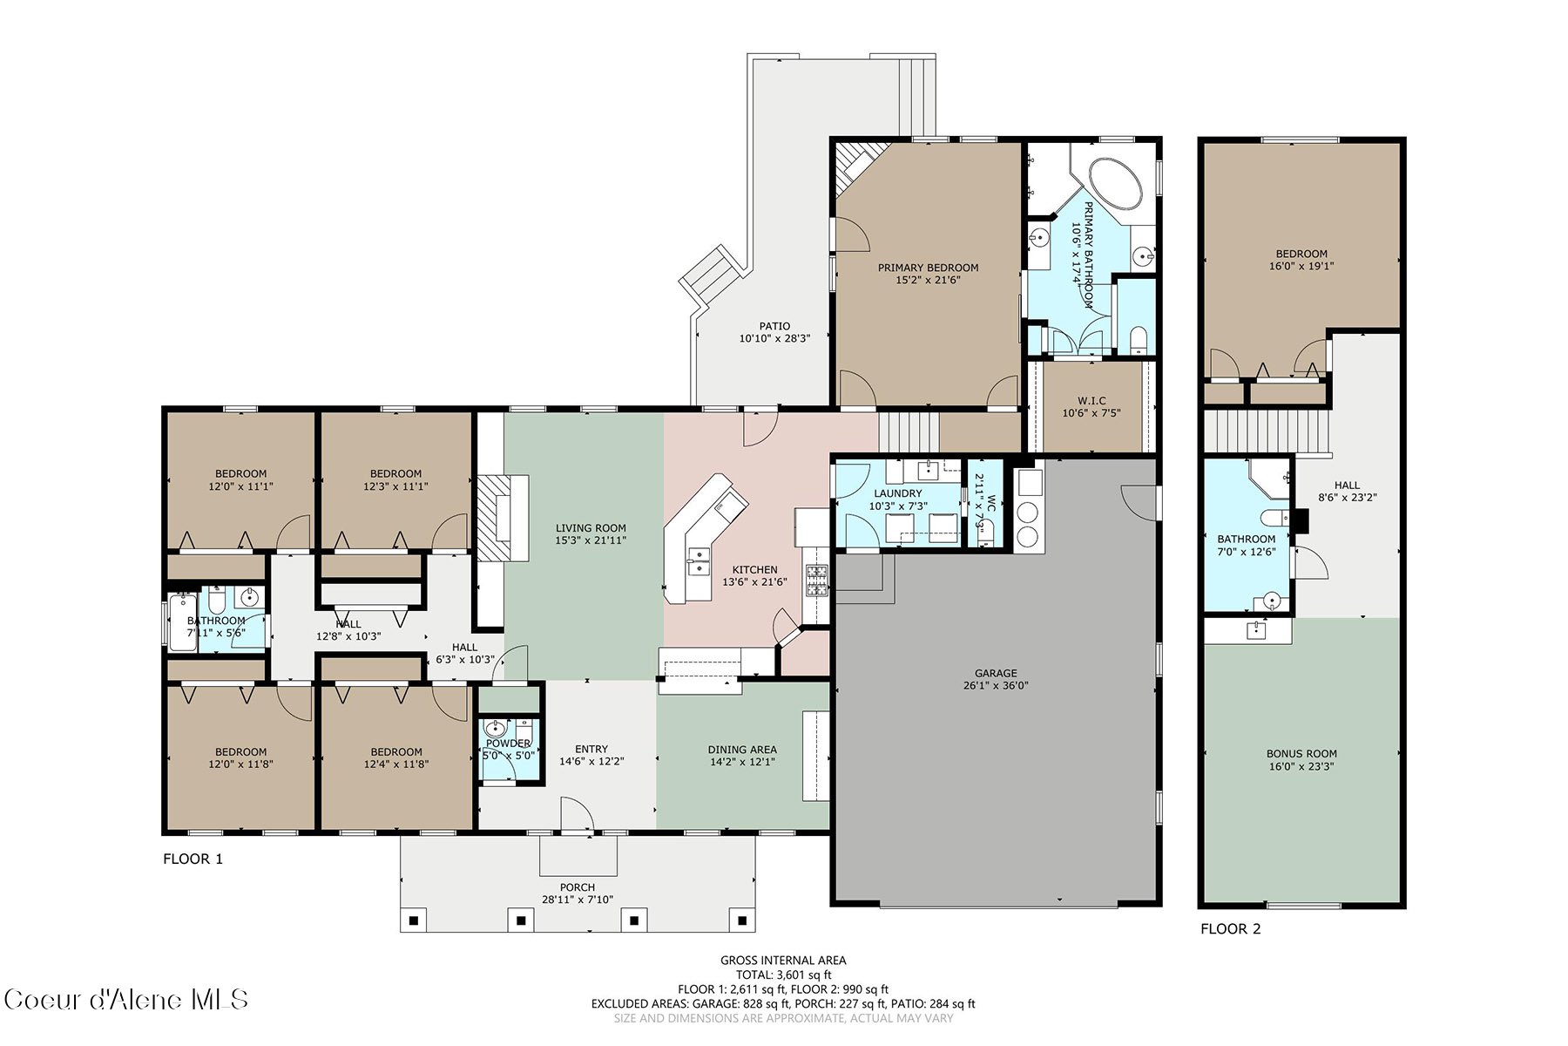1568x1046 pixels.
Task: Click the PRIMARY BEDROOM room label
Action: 928,268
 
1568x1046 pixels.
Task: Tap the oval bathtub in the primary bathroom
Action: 1116,184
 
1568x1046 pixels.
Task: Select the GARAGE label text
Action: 996,673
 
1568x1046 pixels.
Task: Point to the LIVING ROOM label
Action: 591,527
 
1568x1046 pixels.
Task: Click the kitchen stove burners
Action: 817,581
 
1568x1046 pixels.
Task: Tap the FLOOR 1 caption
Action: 193,859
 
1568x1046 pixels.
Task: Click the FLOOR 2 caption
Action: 1231,928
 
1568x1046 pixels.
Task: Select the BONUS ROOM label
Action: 1301,754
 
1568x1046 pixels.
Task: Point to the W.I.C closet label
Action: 1092,401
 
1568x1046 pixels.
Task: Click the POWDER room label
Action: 509,744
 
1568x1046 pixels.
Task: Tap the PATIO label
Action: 774,326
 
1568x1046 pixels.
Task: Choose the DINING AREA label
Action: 742,749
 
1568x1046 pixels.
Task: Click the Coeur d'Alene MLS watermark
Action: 126,999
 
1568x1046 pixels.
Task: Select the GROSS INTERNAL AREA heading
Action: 783,961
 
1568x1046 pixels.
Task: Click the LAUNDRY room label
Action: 897,493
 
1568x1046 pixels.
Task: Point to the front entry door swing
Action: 576,814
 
